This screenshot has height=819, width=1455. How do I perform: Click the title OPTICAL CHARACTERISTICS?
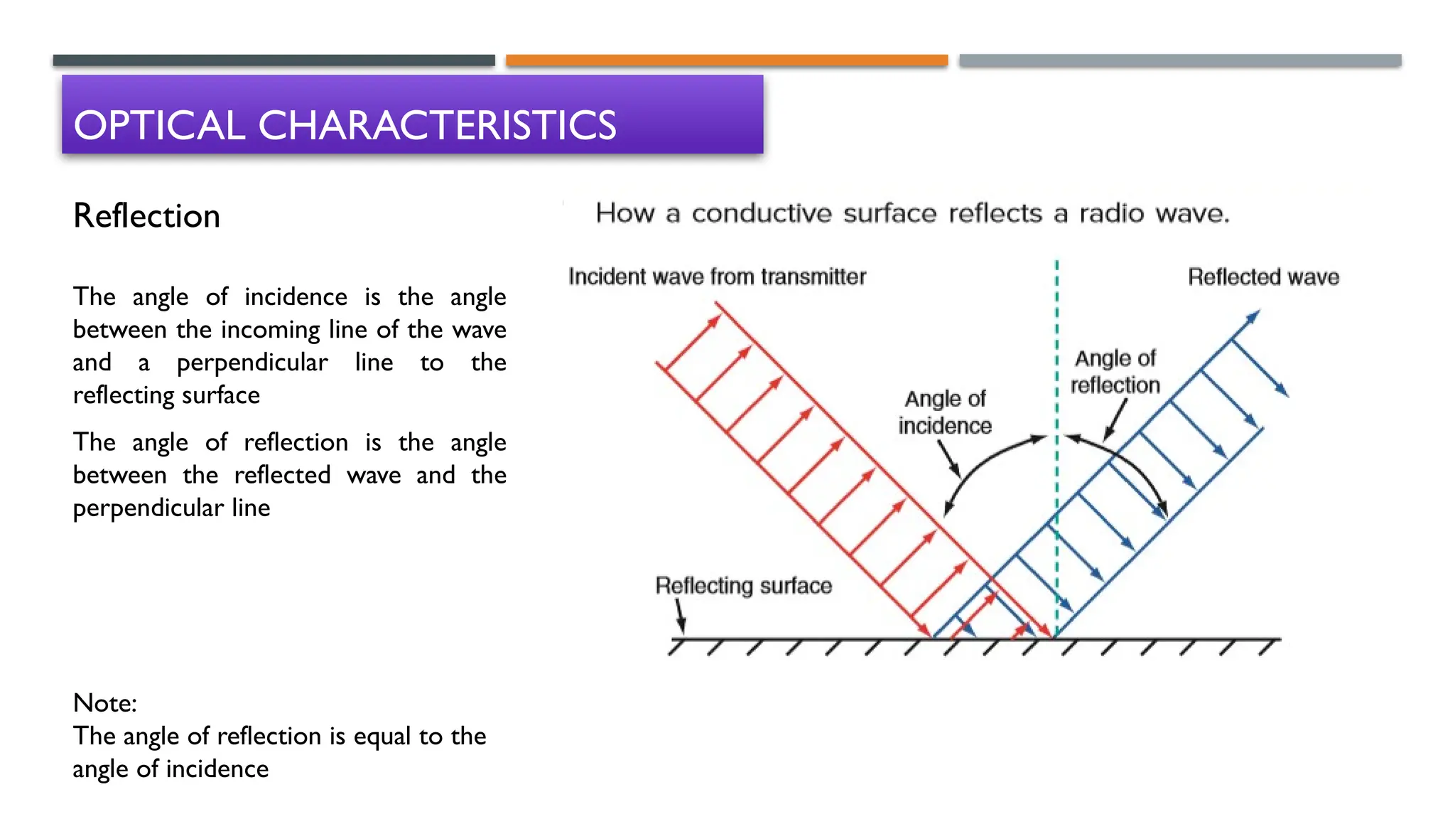click(345, 125)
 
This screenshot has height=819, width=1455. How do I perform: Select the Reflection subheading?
click(147, 216)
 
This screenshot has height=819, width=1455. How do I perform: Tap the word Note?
click(105, 703)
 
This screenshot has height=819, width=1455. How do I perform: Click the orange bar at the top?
click(727, 60)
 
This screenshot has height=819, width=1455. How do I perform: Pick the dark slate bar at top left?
click(274, 60)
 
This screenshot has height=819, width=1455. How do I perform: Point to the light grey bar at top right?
click(1180, 60)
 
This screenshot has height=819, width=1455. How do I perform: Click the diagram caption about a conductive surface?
click(912, 213)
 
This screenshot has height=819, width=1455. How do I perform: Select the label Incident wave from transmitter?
click(717, 277)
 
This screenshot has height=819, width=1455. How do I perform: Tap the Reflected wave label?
click(1263, 277)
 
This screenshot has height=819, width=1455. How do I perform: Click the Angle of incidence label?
click(945, 412)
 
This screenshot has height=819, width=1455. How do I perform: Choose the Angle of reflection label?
click(1115, 372)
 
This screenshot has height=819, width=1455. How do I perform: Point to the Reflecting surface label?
click(743, 586)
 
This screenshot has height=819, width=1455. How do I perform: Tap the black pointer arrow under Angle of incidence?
click(949, 459)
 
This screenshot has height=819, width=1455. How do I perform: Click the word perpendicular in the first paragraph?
click(252, 363)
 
